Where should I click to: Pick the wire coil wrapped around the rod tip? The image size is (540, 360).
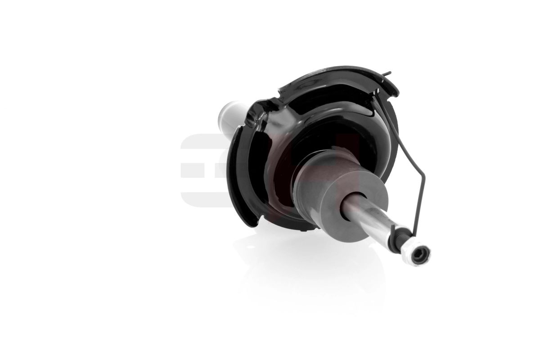pos(400,238)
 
